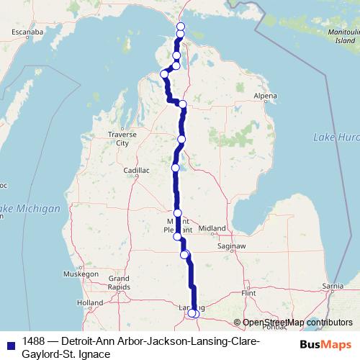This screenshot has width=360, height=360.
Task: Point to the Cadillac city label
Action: pos(135,171)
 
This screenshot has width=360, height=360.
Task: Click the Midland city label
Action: pos(212,228)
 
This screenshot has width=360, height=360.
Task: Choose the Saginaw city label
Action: pos(232,246)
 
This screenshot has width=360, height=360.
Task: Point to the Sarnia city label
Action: pos(332,287)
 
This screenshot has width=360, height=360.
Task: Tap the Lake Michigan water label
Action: pos(30,209)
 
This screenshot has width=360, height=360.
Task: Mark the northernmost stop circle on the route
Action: pos(180,27)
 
